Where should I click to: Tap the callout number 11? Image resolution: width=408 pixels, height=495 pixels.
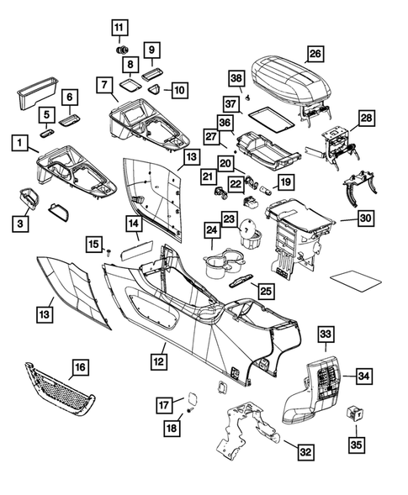pos(119,27)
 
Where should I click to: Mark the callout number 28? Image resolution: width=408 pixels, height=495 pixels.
pos(366,119)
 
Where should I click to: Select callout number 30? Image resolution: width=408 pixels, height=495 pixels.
pos(365,219)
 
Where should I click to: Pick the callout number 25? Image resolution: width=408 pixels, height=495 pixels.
pos(264,291)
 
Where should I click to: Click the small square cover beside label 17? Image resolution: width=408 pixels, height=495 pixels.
pos(191,393)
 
